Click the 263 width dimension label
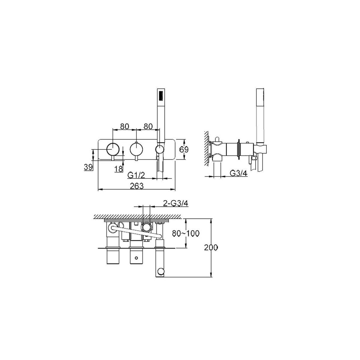click(137, 186)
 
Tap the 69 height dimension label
click(184, 150)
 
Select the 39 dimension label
click(88, 167)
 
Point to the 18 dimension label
click(118, 169)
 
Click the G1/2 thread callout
click(136, 175)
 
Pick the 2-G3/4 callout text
click(175, 203)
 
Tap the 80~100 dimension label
click(185, 233)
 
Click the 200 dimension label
click(211, 248)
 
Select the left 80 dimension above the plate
click(124, 127)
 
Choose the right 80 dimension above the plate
click(148, 127)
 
